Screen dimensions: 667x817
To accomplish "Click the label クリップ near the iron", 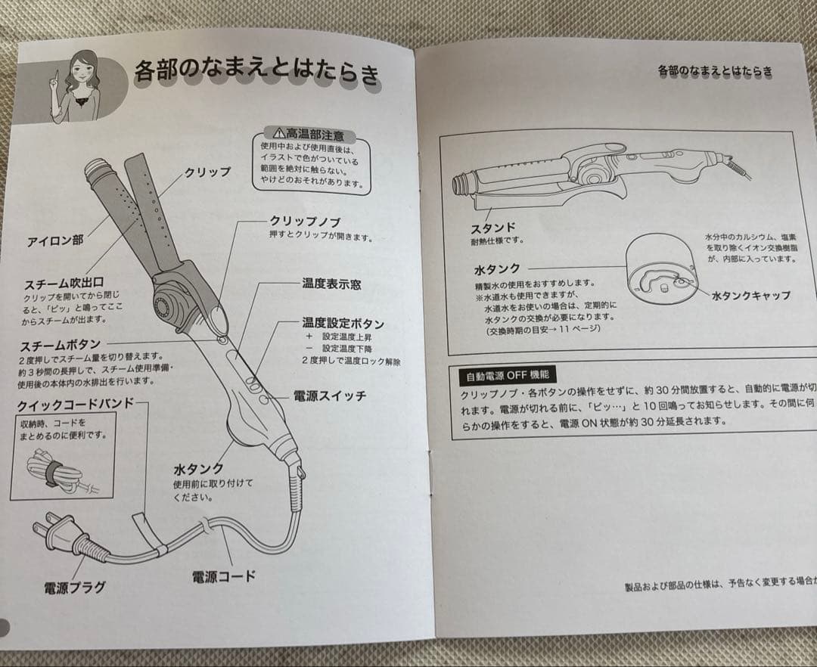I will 207,172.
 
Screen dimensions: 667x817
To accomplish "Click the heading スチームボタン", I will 61,345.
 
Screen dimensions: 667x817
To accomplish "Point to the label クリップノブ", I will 305,222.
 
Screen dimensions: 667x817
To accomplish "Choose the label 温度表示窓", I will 331,284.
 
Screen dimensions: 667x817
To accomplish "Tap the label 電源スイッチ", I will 330,396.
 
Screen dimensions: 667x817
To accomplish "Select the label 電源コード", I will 223,576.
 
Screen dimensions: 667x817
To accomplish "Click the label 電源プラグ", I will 73,587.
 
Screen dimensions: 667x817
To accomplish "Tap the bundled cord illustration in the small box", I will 57,471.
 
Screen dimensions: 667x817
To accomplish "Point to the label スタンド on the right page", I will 492,227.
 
